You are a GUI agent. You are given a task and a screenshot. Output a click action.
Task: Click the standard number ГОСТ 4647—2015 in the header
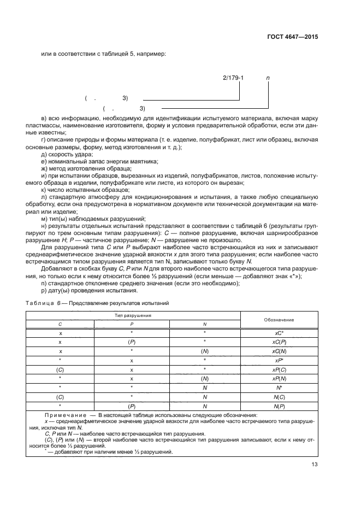point(292,38)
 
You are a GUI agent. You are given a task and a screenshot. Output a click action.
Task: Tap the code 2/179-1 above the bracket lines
point(233,78)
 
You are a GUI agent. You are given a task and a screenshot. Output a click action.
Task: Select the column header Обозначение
point(279,319)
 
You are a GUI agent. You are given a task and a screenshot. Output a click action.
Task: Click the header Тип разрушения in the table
point(132,315)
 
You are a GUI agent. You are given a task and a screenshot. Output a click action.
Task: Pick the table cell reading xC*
point(279,332)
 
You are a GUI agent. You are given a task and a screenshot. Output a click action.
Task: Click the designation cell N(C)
point(279,397)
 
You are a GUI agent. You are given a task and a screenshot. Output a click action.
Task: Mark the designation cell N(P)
point(279,406)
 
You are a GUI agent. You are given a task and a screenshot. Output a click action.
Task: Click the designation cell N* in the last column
point(279,387)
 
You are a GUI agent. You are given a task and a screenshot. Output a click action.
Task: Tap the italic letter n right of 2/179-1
point(268,78)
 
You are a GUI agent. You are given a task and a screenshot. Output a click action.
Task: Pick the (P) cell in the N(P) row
point(132,406)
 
